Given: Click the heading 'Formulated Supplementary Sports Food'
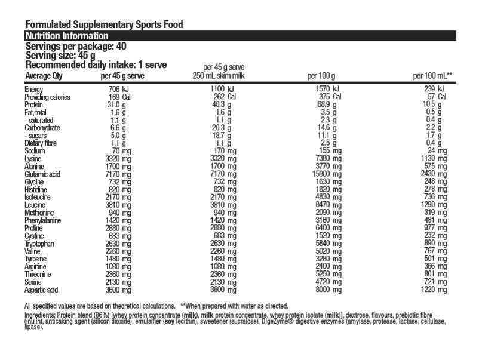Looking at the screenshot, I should tap(103, 25).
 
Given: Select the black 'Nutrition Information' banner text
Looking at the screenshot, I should tap(66, 36).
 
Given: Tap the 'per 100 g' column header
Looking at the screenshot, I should tap(321, 76).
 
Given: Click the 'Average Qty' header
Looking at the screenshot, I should tap(44, 76).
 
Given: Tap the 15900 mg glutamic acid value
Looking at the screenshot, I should tap(325, 174).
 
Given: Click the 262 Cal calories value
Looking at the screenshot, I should tap(223, 97).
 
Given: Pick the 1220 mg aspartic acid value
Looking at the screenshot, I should tap(433, 290).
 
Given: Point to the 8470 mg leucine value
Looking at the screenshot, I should tap(326, 204).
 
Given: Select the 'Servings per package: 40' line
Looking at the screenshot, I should tap(75, 46).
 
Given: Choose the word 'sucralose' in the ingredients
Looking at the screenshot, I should tap(260, 322).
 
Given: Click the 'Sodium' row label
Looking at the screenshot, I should tap(35, 151).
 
